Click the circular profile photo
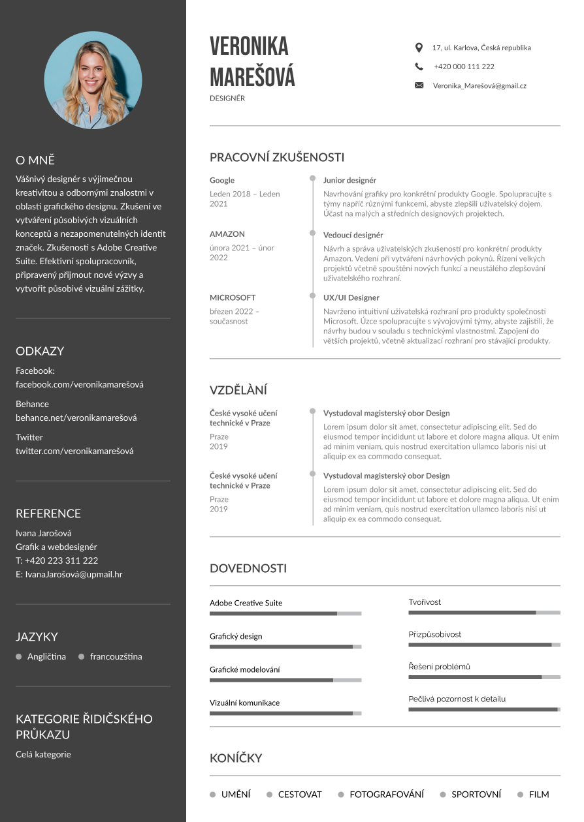pos(93,80)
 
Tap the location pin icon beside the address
pos(419,48)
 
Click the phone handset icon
pos(419,67)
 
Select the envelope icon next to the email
pos(419,85)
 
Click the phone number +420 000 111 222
pos(464,67)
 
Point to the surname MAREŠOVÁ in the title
pos(252,77)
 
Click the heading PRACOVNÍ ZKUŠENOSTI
pos(277,157)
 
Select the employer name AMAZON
pos(227,234)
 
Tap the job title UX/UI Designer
pos(351,297)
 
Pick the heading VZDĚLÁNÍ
pos(238,390)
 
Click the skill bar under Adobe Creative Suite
pos(285,613)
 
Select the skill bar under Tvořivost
pos(484,613)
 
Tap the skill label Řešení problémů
pos(439,667)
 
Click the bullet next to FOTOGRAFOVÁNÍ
pos(341,795)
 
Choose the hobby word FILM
pos(539,795)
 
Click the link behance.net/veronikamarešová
pos(76,418)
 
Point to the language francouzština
pos(116,656)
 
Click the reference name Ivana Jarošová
pos(44,533)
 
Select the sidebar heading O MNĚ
pos(35,160)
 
